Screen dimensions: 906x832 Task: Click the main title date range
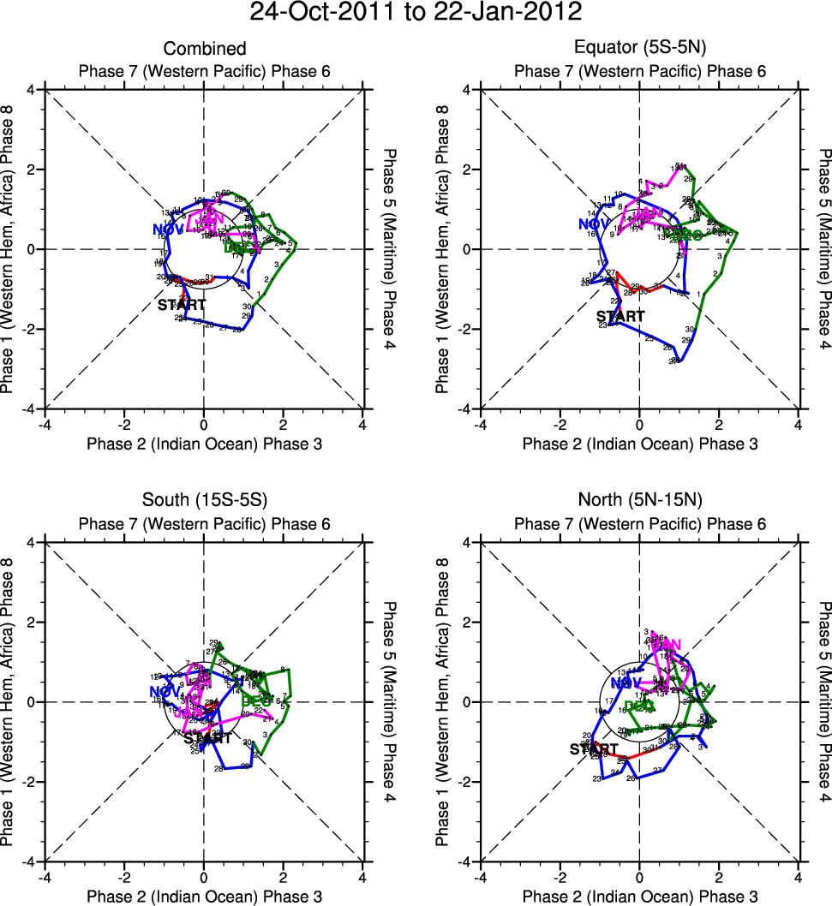click(416, 13)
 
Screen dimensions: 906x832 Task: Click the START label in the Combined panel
click(182, 304)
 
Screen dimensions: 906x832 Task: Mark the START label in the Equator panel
click(620, 316)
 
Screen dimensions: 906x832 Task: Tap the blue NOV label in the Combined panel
click(169, 229)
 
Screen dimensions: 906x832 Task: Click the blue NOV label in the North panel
click(626, 682)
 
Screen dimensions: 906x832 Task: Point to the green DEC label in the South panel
click(257, 700)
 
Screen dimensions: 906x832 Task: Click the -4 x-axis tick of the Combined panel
click(45, 424)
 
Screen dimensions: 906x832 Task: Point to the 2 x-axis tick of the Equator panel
click(718, 424)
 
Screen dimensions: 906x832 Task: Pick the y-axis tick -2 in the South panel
click(31, 782)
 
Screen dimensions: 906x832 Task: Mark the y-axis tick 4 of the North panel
click(468, 542)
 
